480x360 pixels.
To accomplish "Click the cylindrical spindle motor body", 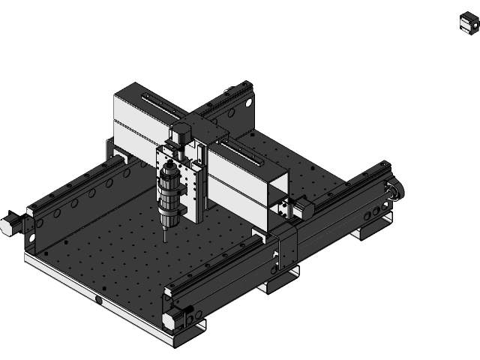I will pyautogui.click(x=169, y=192).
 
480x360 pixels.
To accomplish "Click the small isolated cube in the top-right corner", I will pyautogui.click(x=468, y=23).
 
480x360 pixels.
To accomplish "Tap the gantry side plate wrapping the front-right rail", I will pyautogui.click(x=288, y=251).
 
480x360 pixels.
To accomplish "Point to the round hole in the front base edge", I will pyautogui.click(x=98, y=301).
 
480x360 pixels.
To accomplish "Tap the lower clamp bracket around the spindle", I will pyautogui.click(x=170, y=204).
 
